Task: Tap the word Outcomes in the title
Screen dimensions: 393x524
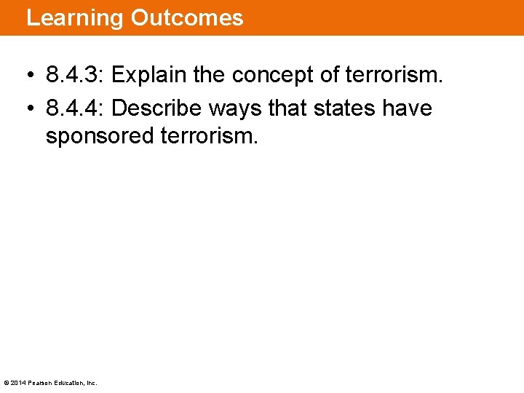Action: [x=187, y=17]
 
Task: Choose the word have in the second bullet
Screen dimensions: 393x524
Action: [x=408, y=108]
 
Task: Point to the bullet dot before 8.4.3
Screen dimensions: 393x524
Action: [x=28, y=76]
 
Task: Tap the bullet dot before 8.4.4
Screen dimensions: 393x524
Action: [x=28, y=109]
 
